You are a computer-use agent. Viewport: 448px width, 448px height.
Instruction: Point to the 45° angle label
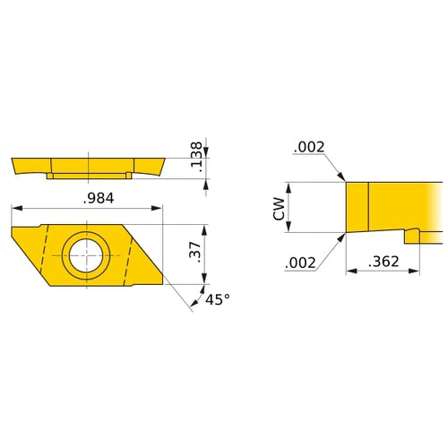218,301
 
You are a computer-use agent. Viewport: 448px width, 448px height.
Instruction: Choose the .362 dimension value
383,262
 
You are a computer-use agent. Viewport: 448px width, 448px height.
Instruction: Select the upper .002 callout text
309,147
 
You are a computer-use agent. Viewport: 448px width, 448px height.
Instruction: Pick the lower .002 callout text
299,263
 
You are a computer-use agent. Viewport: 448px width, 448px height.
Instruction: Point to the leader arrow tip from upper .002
345,181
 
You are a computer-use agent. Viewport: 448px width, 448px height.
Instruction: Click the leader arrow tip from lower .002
345,235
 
